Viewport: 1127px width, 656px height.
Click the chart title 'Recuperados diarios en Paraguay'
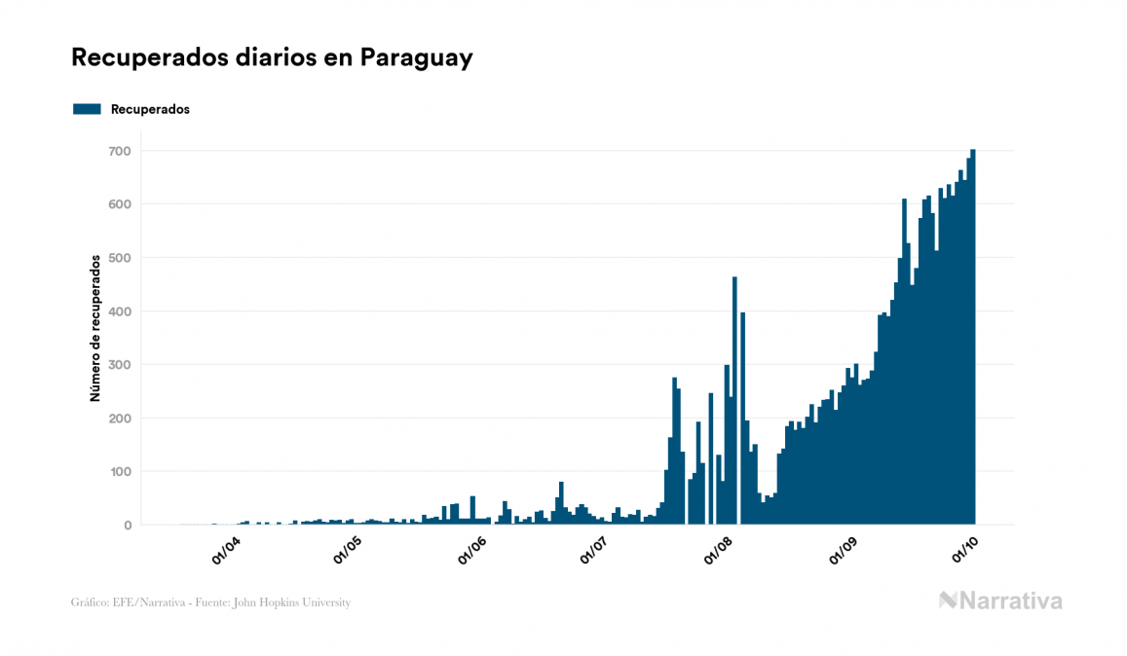coord(272,57)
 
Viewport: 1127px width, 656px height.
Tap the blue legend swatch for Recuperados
coord(87,109)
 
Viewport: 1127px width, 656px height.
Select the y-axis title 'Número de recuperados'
coord(95,328)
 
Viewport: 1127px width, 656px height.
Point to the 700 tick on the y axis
coord(121,151)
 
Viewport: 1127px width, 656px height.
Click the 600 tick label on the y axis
coord(121,204)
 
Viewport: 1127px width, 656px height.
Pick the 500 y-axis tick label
coord(121,258)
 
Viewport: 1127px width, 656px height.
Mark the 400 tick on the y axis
coord(121,311)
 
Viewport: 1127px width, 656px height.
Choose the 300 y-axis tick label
coord(121,365)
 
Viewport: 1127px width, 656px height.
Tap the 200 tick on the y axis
coord(121,419)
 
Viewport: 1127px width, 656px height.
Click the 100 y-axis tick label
coord(121,472)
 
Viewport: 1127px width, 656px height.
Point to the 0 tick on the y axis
coord(127,526)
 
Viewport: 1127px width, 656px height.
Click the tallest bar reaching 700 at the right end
coord(973,341)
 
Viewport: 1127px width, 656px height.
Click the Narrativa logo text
coord(1010,601)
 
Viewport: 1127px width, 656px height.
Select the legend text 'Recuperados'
coord(150,109)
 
